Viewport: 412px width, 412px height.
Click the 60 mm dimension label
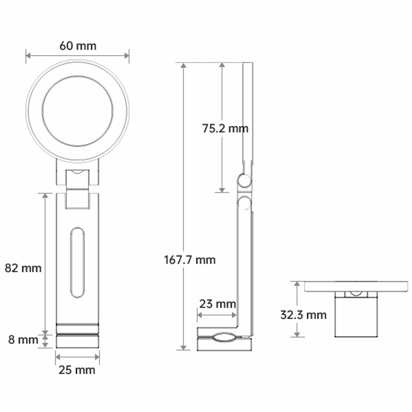(78, 46)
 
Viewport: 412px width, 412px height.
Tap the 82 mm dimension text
(23, 268)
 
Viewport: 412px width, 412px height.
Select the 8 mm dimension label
(23, 339)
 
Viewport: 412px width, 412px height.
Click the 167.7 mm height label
(190, 260)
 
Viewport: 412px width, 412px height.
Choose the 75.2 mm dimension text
(225, 128)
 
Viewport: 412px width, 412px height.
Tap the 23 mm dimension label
(218, 304)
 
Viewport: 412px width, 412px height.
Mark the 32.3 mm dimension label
(303, 315)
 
